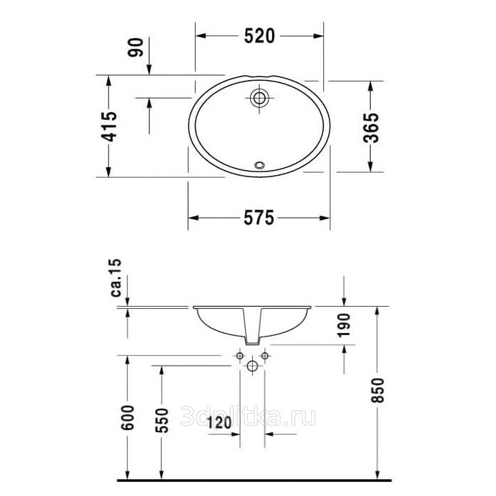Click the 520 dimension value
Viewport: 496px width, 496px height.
(259, 36)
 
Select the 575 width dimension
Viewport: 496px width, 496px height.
(259, 218)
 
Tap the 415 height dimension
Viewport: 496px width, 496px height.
(109, 126)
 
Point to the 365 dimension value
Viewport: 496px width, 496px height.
(371, 128)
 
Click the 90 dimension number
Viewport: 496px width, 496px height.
(136, 47)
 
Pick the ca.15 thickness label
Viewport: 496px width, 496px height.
(116, 278)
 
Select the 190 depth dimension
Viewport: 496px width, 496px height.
(344, 325)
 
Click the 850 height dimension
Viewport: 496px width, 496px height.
(377, 390)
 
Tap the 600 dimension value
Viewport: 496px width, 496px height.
(128, 417)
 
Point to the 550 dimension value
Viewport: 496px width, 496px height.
(162, 421)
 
